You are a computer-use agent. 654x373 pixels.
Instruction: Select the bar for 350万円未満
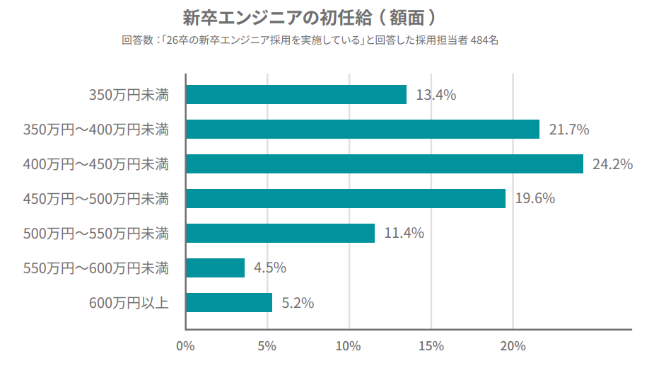click(296, 95)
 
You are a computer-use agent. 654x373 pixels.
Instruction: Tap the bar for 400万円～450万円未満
click(385, 164)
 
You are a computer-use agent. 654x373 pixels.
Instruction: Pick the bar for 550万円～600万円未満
click(216, 268)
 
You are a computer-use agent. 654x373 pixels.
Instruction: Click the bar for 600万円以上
click(229, 303)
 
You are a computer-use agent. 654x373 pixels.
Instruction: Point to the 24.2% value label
click(612, 164)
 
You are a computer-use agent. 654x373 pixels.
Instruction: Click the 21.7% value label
click(569, 130)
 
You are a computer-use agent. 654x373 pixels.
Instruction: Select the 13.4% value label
click(436, 95)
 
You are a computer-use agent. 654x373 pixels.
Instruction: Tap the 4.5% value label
click(269, 268)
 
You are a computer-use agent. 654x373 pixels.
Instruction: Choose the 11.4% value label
click(404, 233)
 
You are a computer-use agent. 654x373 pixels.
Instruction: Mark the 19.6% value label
click(535, 199)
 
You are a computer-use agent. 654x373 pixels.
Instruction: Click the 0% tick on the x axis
click(185, 346)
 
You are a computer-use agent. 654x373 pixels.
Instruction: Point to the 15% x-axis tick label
click(431, 346)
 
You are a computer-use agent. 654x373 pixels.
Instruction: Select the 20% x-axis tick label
click(513, 346)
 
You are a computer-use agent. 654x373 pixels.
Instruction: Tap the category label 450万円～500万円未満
click(96, 199)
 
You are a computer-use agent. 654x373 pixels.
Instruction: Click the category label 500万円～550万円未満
click(96, 233)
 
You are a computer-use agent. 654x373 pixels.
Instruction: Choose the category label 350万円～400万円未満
click(96, 130)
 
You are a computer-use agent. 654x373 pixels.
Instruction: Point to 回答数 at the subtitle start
click(132, 41)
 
